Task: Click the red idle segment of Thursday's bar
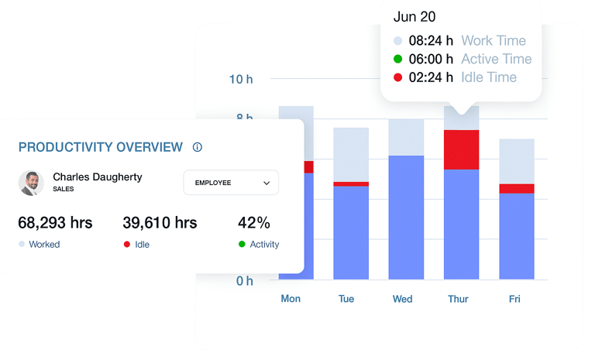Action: (461, 149)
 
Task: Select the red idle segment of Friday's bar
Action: (517, 188)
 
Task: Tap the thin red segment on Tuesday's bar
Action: (351, 183)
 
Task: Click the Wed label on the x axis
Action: (402, 299)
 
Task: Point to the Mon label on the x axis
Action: (291, 299)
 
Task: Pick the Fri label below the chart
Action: (515, 299)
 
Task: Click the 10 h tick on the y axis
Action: (241, 79)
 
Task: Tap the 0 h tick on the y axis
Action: (245, 281)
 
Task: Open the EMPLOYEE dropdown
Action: (231, 183)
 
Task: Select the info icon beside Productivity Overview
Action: (197, 147)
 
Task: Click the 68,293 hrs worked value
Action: (55, 223)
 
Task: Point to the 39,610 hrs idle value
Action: (160, 223)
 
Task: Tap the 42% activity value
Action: (253, 223)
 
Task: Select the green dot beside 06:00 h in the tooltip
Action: (397, 59)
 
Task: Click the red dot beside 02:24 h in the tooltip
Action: (397, 77)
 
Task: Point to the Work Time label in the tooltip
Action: (494, 40)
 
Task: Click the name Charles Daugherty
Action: (98, 177)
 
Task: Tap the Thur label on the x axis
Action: (458, 299)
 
